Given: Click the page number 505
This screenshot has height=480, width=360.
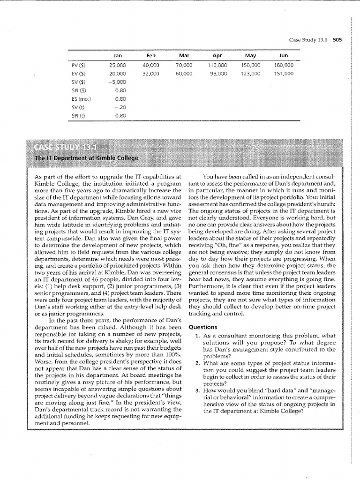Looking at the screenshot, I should [x=337, y=39].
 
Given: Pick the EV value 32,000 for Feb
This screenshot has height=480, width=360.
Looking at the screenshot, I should [x=151, y=74].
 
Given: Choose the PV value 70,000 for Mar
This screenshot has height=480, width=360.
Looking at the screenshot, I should [x=184, y=65].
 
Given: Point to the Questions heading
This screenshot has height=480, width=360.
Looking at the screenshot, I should [x=202, y=327].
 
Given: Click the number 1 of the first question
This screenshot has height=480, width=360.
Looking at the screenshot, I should [x=198, y=336].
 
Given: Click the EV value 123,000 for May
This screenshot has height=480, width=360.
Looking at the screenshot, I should [x=250, y=74].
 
